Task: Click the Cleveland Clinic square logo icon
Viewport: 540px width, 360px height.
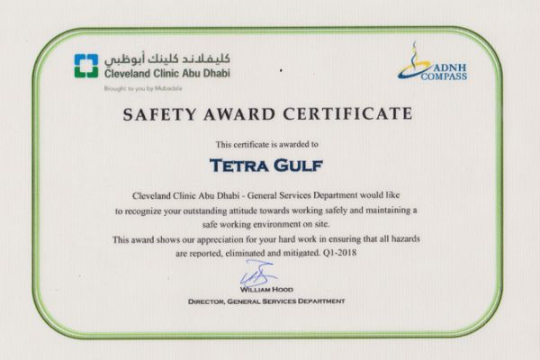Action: (x=87, y=66)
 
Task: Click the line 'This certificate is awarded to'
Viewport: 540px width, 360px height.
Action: (x=268, y=144)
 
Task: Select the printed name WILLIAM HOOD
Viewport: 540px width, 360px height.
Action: (x=270, y=290)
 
